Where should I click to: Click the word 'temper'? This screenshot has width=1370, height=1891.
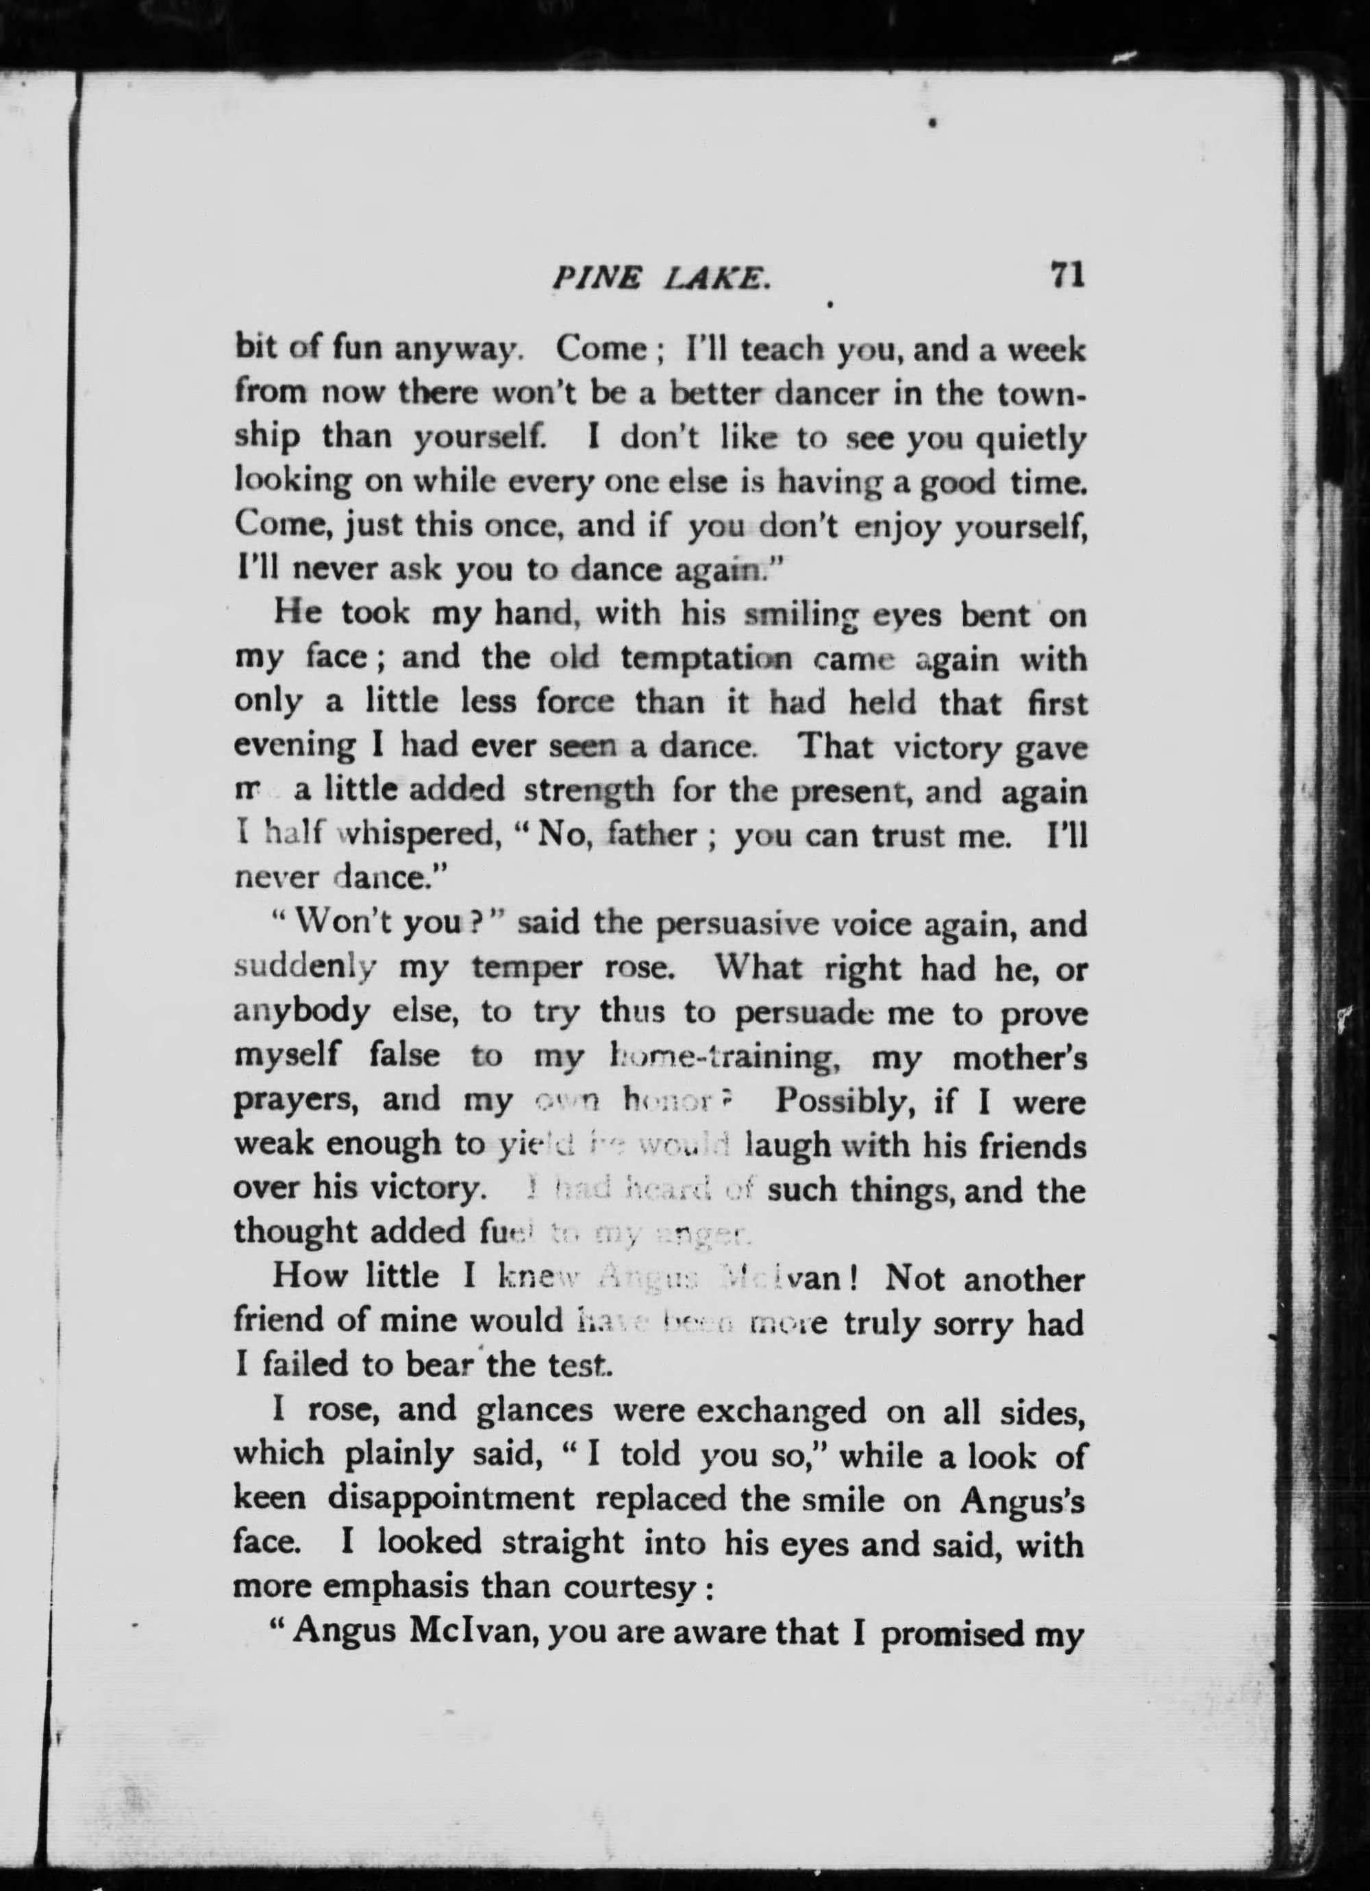(x=527, y=969)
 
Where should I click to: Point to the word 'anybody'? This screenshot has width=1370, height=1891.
(x=302, y=1014)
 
